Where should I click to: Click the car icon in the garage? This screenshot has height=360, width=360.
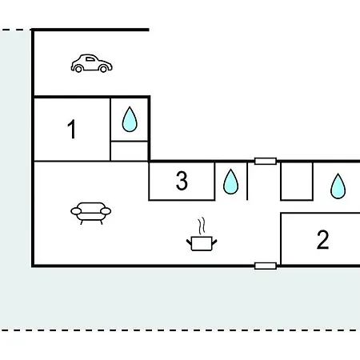(91, 63)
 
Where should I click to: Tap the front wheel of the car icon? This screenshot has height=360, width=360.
(103, 69)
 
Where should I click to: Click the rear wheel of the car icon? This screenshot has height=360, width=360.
(78, 69)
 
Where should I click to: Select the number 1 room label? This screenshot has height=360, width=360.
(72, 129)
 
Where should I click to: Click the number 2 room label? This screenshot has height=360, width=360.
(322, 240)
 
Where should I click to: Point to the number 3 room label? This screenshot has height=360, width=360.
(182, 181)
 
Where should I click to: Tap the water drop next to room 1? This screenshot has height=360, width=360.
(130, 119)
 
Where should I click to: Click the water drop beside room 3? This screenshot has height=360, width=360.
(230, 182)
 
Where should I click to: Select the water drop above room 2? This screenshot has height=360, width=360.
(338, 186)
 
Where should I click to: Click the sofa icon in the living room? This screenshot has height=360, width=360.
(91, 213)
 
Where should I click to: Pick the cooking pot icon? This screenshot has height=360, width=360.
(202, 243)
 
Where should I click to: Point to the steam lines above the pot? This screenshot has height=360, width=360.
(202, 226)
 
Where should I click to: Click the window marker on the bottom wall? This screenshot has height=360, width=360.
(266, 266)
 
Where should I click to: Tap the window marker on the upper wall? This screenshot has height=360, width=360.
(266, 161)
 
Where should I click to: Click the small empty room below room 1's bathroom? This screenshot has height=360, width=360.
(129, 151)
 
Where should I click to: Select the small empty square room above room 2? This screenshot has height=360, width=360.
(297, 181)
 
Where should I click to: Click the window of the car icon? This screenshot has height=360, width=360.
(90, 59)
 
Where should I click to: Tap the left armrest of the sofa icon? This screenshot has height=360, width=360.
(76, 211)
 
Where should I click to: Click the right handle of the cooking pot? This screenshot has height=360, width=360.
(214, 242)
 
